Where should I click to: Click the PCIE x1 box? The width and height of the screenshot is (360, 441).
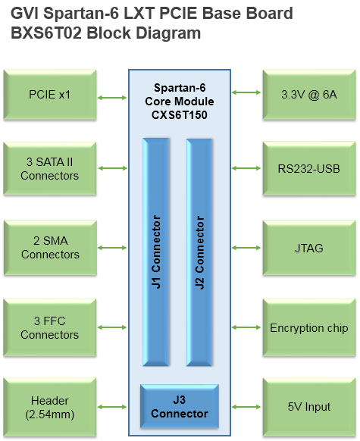click(50, 95)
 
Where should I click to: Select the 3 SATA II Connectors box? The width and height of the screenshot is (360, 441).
click(50, 168)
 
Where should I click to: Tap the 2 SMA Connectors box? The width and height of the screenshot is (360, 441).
click(50, 248)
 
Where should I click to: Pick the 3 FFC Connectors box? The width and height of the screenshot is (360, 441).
click(50, 327)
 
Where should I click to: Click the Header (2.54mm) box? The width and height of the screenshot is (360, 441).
click(50, 407)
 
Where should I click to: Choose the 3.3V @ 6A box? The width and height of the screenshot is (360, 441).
click(309, 95)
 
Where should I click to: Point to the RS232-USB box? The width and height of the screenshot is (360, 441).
click(309, 168)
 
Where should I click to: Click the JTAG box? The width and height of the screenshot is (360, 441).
click(309, 248)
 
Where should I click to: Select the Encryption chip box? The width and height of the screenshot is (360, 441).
click(309, 327)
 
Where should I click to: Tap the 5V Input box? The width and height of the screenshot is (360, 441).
click(309, 407)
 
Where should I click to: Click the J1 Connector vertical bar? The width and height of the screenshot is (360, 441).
click(156, 252)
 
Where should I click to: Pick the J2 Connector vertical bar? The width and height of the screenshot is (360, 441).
click(199, 252)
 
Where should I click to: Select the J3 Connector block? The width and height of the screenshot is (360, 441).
click(180, 406)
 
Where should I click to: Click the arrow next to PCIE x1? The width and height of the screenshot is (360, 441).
click(112, 98)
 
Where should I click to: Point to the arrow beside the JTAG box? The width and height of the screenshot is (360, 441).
click(246, 248)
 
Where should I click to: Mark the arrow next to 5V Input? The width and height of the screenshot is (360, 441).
click(246, 407)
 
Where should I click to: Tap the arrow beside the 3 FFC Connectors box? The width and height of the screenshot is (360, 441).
click(112, 327)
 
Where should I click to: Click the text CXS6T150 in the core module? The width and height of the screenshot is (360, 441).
click(180, 115)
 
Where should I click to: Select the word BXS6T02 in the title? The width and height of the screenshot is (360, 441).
click(46, 33)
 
